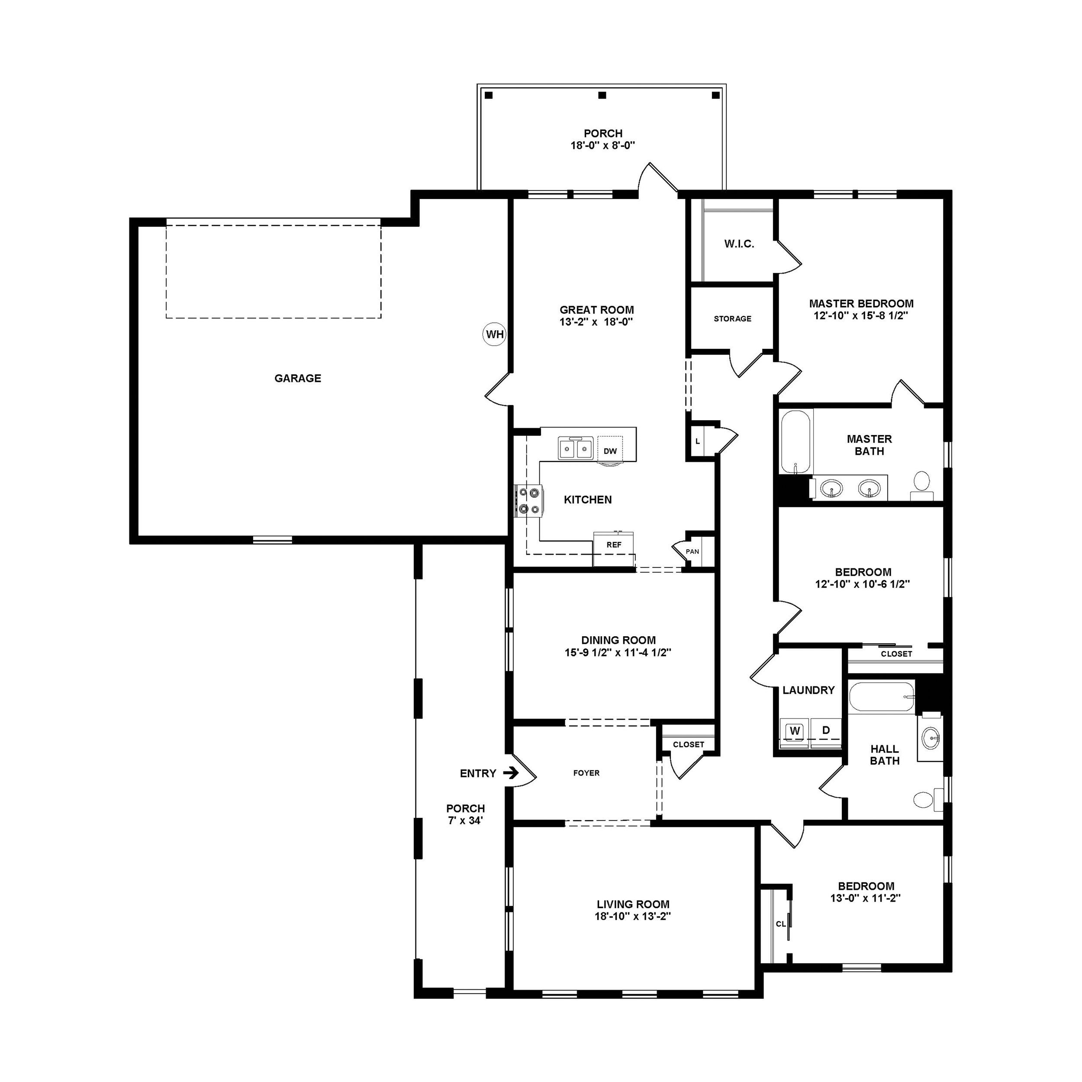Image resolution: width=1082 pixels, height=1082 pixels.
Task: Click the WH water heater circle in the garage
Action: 495,335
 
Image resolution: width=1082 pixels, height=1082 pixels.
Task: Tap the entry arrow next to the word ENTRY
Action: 511,773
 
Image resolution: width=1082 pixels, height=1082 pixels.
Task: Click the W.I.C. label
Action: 739,244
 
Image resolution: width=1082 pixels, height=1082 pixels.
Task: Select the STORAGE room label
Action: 733,319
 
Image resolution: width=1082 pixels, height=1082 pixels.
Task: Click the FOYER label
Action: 586,773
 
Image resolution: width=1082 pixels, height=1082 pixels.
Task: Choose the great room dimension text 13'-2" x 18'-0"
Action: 596,322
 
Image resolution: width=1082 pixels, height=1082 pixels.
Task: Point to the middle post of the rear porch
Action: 602,95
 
